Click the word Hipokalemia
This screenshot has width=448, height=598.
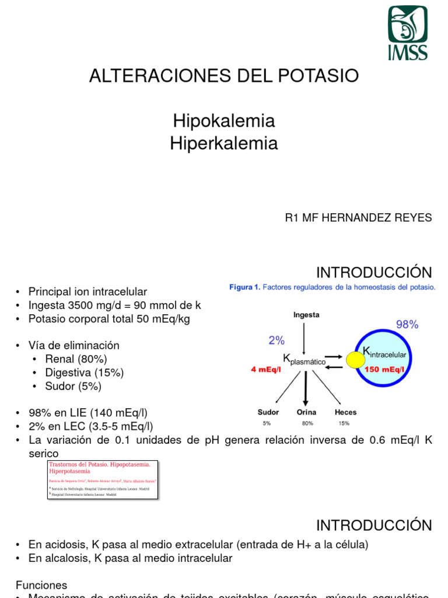pyautogui.click(x=223, y=121)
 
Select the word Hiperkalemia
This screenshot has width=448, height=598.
pyautogui.click(x=223, y=143)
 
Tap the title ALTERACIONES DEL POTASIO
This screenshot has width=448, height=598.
pyautogui.click(x=223, y=75)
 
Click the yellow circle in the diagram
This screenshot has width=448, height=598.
pyautogui.click(x=355, y=360)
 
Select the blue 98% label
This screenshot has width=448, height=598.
pyautogui.click(x=407, y=325)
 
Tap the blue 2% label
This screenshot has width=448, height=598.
pyautogui.click(x=276, y=340)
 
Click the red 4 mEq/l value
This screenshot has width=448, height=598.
pyautogui.click(x=265, y=369)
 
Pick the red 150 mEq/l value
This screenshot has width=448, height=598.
pyautogui.click(x=385, y=369)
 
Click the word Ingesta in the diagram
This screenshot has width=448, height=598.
pyautogui.click(x=306, y=315)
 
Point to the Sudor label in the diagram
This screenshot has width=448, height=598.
pyautogui.click(x=268, y=412)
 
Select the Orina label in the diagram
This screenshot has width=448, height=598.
pyautogui.click(x=307, y=412)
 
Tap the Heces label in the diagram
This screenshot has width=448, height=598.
pyautogui.click(x=345, y=412)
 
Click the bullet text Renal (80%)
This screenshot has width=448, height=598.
pyautogui.click(x=77, y=359)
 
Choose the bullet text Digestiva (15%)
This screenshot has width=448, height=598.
pyautogui.click(x=85, y=373)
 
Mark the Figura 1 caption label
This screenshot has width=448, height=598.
pyautogui.click(x=243, y=287)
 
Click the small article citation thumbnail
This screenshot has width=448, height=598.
pyautogui.click(x=103, y=479)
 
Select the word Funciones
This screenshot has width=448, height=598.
pyautogui.click(x=41, y=585)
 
